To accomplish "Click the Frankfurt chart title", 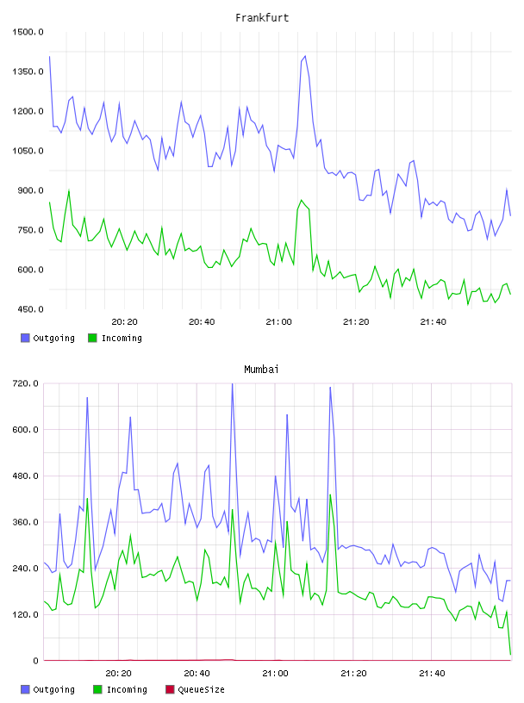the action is point(262,18).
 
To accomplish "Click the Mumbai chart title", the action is point(261,370).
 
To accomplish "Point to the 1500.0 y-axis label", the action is point(28,32).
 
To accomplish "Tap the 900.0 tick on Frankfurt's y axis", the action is point(30,190).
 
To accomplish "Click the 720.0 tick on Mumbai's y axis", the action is point(26,383).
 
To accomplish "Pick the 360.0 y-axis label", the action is point(26,522).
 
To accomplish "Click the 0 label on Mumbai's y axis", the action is point(35,661).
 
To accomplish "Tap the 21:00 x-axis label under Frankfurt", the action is point(278,322).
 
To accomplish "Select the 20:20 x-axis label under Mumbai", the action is point(118,674).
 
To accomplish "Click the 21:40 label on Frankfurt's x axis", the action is point(433,322).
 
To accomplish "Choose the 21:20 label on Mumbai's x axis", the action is point(353,674).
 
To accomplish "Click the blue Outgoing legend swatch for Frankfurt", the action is point(25,338).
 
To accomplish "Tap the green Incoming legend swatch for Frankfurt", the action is point(92,338).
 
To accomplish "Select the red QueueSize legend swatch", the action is point(170,689).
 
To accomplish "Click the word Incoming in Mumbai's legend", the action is point(127,689).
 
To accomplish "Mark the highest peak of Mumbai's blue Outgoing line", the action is point(232,383).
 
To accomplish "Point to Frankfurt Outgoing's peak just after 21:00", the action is point(305,57).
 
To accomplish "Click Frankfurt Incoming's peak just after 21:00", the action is point(301,201).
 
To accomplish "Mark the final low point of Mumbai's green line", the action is point(510,655).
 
